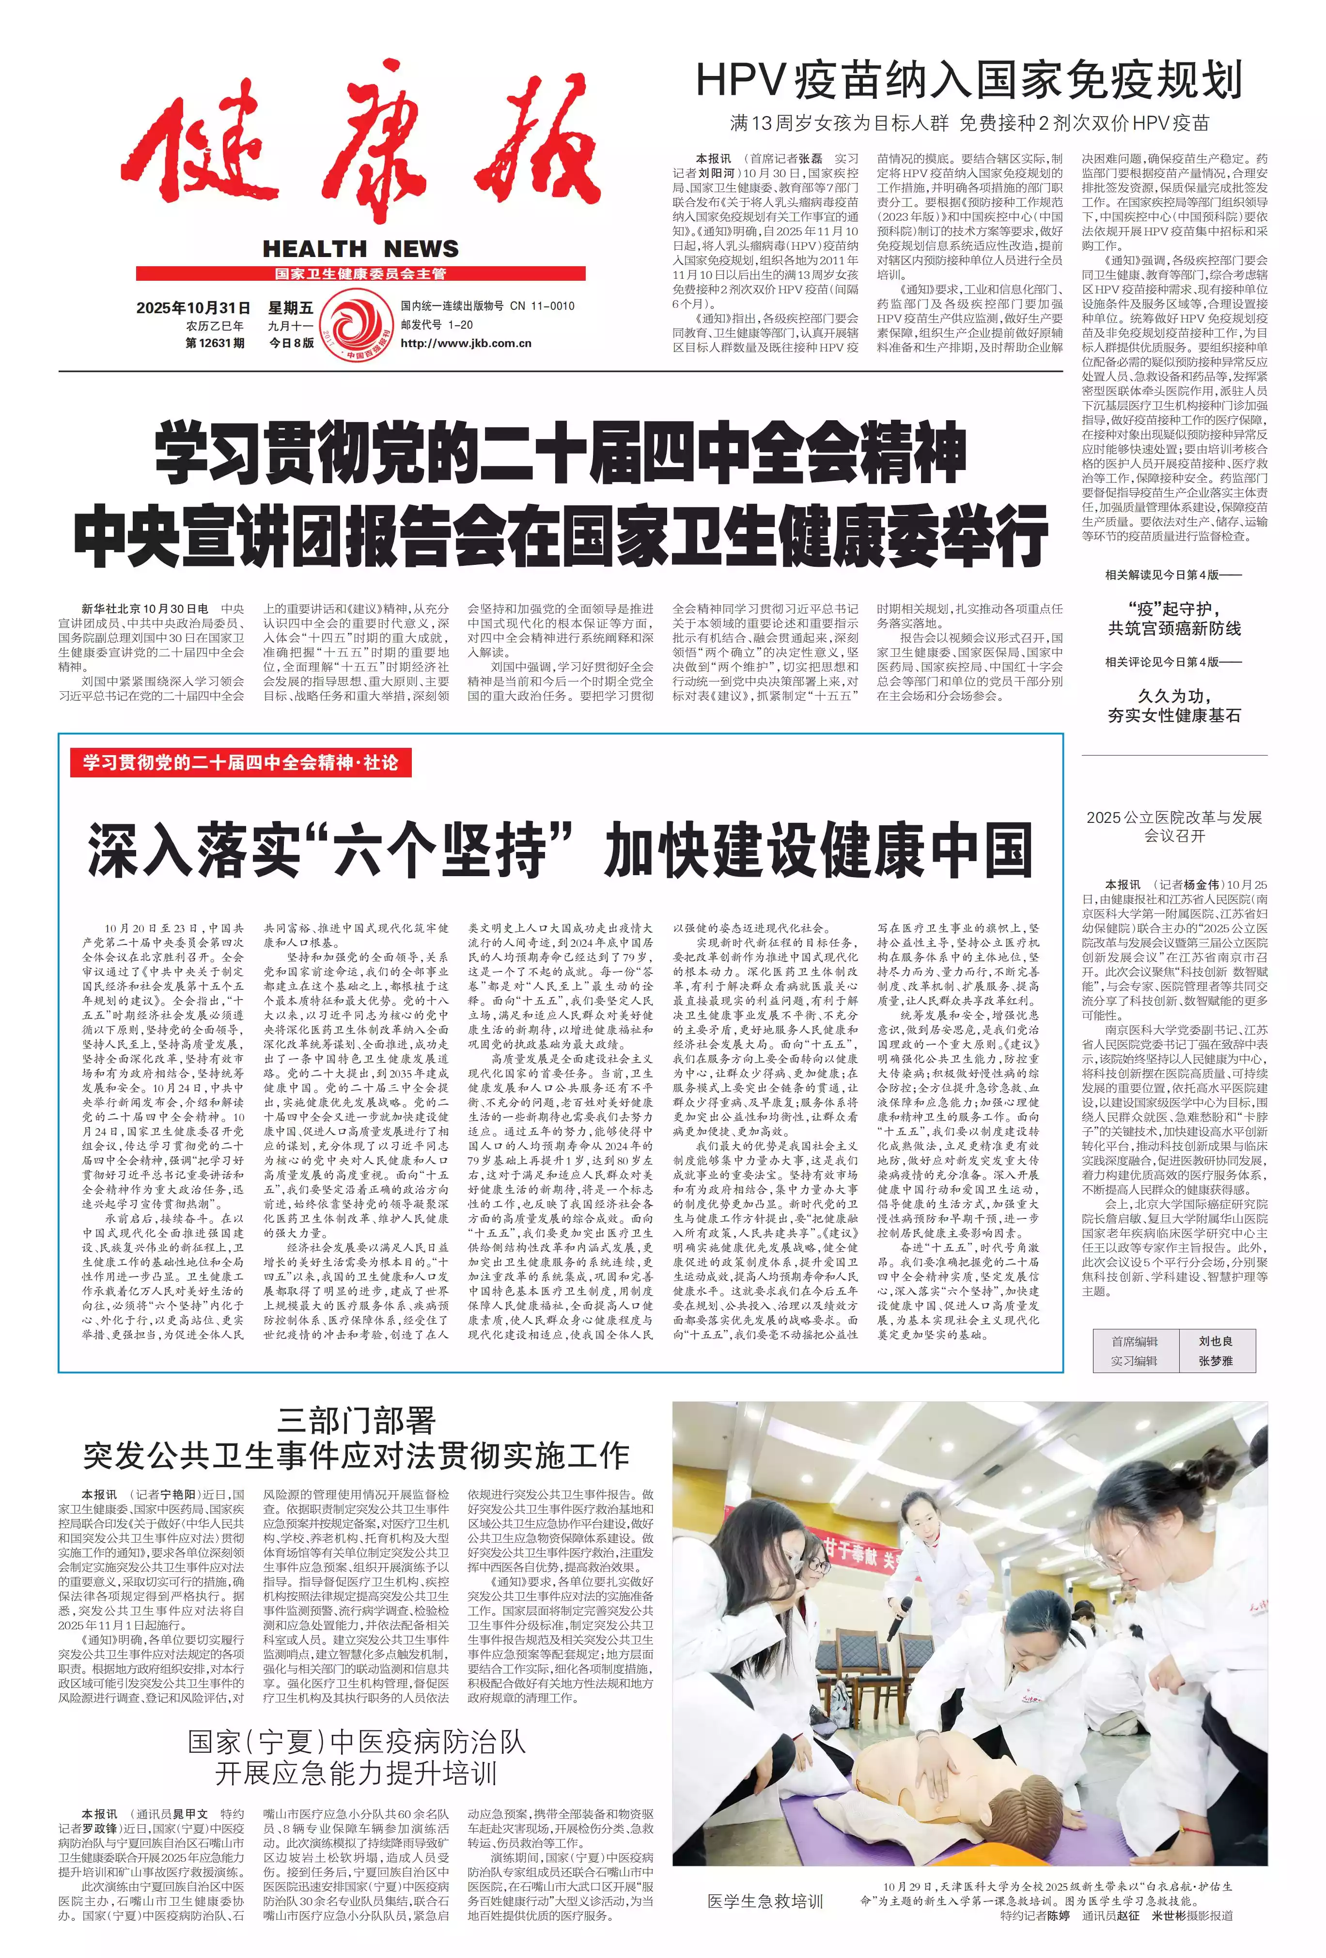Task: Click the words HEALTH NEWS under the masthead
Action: (x=361, y=248)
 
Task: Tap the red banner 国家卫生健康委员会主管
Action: (x=361, y=274)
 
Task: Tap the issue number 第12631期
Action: (x=215, y=343)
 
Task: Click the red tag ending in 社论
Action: (x=240, y=763)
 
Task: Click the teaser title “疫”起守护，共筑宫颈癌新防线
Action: (x=1173, y=619)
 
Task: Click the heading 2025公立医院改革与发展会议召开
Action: (x=1173, y=826)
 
